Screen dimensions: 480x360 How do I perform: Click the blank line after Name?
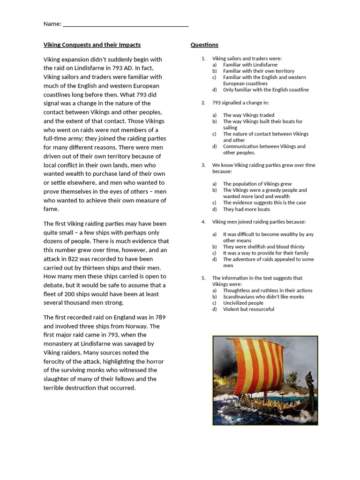click(x=125, y=24)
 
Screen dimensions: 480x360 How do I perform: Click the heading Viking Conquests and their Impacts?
click(x=92, y=45)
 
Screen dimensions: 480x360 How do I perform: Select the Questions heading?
click(x=204, y=45)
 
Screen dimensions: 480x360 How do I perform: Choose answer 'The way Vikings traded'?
click(x=248, y=115)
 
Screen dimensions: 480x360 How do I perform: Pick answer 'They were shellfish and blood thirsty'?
click(x=263, y=247)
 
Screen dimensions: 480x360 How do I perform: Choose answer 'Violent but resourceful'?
click(x=248, y=309)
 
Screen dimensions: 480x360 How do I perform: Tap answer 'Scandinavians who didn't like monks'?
click(x=263, y=297)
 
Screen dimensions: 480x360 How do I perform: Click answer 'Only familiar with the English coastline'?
click(x=266, y=90)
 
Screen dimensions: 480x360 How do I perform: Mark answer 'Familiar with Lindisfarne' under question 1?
click(x=250, y=65)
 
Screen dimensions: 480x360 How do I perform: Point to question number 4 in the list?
click(x=203, y=222)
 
